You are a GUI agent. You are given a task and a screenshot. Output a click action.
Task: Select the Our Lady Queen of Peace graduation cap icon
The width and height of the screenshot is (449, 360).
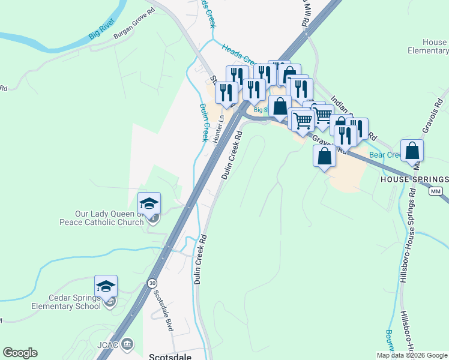pos(149,202)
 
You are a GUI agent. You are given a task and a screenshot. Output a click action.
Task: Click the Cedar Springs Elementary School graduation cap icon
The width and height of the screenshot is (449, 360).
pos(106,286)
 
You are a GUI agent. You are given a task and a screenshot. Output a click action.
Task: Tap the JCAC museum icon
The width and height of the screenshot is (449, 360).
pos(127,344)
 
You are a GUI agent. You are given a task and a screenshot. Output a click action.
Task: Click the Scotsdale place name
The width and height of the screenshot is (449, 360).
pos(169,354)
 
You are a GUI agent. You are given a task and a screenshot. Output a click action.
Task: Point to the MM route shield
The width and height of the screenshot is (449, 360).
pos(436,191)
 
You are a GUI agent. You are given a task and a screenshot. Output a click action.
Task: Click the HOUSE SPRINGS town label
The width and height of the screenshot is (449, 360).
pos(415,179)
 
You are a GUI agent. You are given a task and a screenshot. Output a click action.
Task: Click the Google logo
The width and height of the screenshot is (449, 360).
pos(20,353)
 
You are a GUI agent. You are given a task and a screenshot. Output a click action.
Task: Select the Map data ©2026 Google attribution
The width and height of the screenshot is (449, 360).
pos(412,355)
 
